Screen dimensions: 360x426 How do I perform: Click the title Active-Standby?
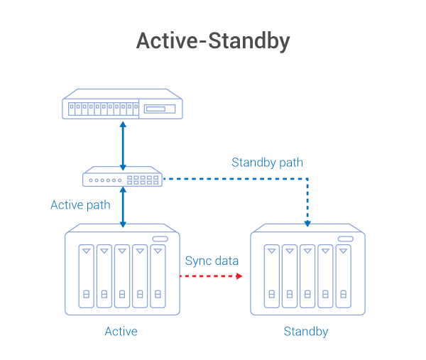(213, 41)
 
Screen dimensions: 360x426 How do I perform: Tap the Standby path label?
(267, 163)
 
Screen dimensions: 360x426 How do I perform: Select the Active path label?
(80, 205)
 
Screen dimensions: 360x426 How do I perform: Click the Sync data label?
(212, 261)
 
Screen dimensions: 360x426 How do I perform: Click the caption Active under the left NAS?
(121, 332)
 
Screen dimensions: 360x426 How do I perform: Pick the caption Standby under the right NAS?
(306, 332)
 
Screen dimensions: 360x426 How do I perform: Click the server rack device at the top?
(122, 106)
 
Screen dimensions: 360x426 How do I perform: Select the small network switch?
(122, 178)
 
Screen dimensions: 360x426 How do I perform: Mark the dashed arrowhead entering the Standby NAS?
(307, 222)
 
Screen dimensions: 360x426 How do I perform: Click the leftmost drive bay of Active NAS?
(86, 276)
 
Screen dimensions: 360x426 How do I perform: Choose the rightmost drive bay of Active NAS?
(158, 276)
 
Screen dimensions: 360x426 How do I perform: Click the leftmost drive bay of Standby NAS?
(271, 276)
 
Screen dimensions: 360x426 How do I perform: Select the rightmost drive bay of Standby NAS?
(344, 276)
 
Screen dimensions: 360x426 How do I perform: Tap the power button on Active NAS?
(159, 239)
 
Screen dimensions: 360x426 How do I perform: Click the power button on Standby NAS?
(346, 239)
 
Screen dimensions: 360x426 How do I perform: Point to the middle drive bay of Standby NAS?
(307, 276)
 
